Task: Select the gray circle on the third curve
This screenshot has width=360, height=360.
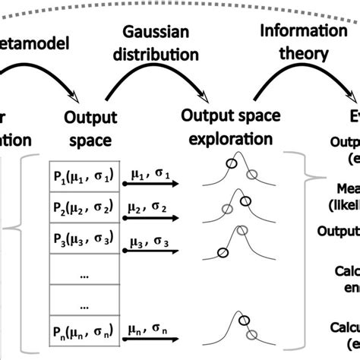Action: click(x=242, y=229)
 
